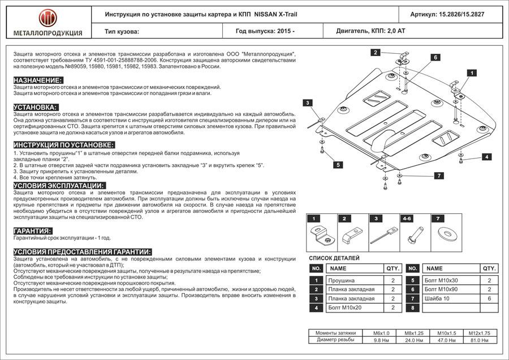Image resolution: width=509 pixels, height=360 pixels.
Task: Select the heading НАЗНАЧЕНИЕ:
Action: (x=37, y=80)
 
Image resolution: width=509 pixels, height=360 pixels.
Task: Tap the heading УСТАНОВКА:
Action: (x=34, y=107)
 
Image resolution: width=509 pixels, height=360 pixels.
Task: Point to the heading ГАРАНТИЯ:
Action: (x=34, y=232)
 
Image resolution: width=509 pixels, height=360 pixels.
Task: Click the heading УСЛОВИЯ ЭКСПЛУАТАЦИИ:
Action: (x=59, y=186)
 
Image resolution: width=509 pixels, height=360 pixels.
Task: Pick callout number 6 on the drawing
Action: (x=436, y=57)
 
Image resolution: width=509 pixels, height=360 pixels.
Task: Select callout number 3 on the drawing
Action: (x=307, y=103)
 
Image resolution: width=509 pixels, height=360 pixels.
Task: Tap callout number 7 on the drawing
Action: (x=438, y=176)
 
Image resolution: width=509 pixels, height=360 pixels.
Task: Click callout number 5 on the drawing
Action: (x=338, y=165)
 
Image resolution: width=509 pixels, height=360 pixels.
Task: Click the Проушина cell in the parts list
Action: (x=343, y=280)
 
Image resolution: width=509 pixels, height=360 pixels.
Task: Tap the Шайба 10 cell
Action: (x=438, y=298)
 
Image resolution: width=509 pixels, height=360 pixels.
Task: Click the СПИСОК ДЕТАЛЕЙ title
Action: (x=334, y=258)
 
